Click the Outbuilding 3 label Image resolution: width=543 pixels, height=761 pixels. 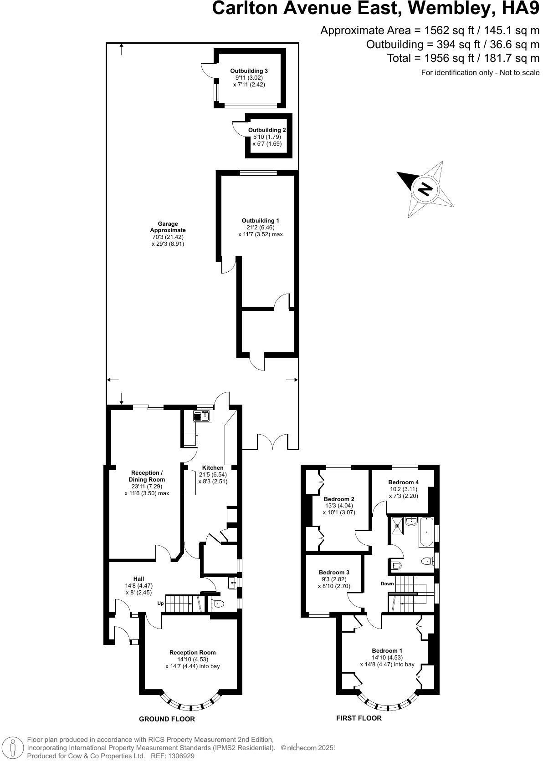pyautogui.click(x=249, y=71)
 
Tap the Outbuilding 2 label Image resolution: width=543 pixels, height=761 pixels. pyautogui.click(x=267, y=130)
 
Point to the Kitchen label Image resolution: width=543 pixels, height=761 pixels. pyautogui.click(x=213, y=467)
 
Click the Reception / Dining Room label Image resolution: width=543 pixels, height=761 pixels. pyautogui.click(x=147, y=476)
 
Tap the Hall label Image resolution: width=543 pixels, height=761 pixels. pyautogui.click(x=138, y=578)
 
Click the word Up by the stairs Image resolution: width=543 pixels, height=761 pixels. pyautogui.click(x=160, y=603)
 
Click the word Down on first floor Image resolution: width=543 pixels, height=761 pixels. pyautogui.click(x=387, y=583)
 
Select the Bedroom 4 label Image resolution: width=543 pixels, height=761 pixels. pyautogui.click(x=403, y=482)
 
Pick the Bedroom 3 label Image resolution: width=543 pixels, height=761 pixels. pyautogui.click(x=334, y=572)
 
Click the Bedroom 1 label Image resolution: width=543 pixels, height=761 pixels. pyautogui.click(x=387, y=650)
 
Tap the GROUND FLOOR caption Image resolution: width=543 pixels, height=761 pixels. pyautogui.click(x=167, y=719)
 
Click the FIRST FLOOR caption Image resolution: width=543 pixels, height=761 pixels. pyautogui.click(x=359, y=718)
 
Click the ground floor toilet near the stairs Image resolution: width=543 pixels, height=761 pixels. pyautogui.click(x=218, y=604)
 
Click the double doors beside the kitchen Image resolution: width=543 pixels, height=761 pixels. pyautogui.click(x=272, y=442)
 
